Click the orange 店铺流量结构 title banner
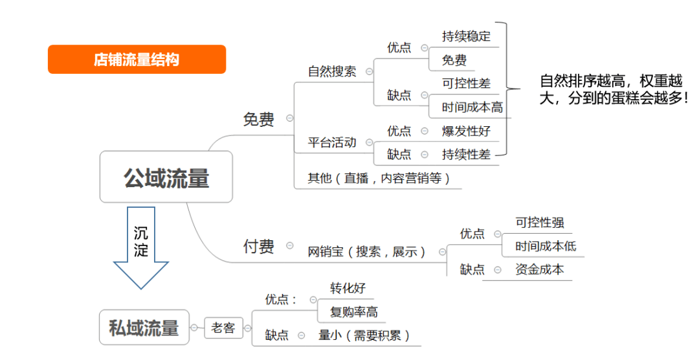tap(137, 60)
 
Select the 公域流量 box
tap(166, 177)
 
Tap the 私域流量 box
tap(144, 328)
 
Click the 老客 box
tap(223, 328)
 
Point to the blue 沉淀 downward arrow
tap(141, 247)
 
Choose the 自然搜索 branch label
tap(332, 71)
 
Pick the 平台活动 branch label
tap(332, 142)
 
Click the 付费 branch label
tap(258, 246)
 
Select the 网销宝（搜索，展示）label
tap(366, 252)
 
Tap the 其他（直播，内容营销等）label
tap(379, 178)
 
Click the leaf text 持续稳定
tap(466, 36)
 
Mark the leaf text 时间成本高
tap(472, 107)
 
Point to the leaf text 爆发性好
tap(466, 131)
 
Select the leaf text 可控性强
tap(540, 222)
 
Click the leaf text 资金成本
tap(540, 269)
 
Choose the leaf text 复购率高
tap(354, 312)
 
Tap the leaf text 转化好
tap(348, 287)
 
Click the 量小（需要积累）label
tap(364, 335)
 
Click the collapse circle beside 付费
tap(290, 245)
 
